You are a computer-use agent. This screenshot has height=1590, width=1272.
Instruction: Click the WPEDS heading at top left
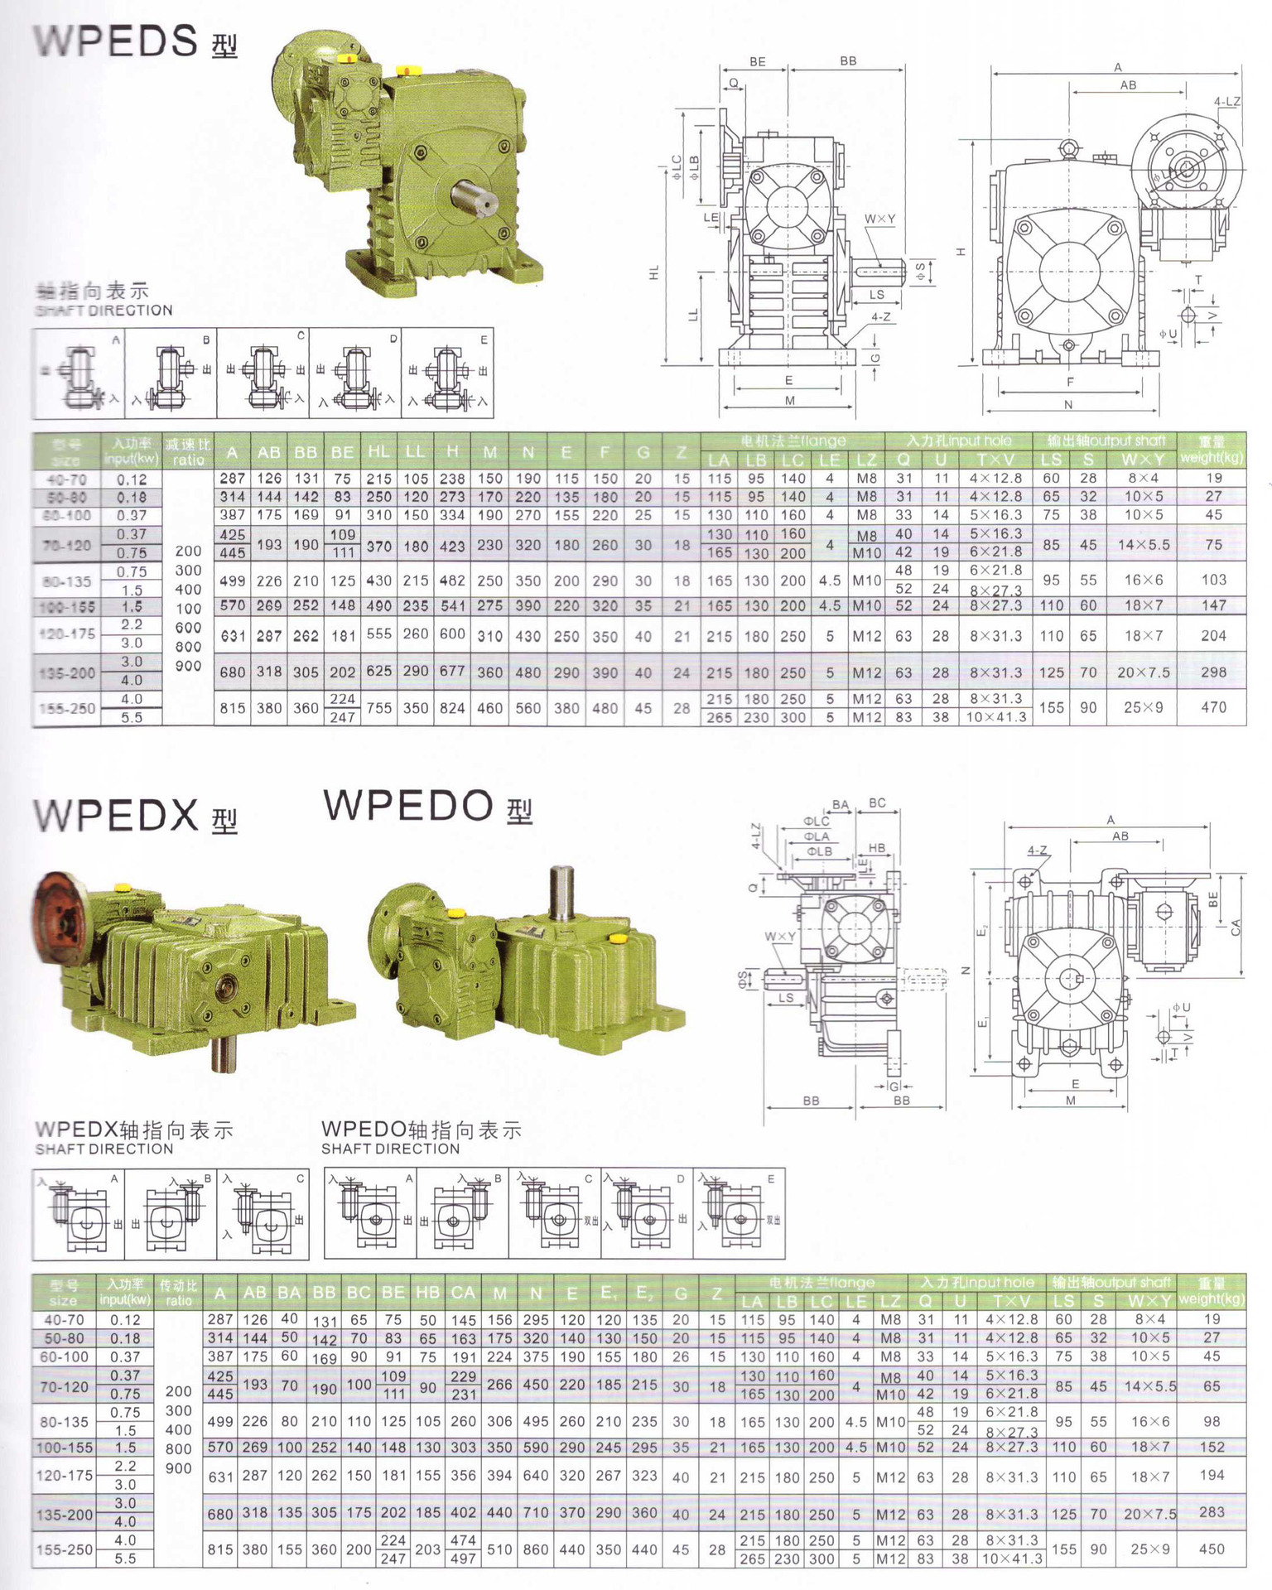[116, 41]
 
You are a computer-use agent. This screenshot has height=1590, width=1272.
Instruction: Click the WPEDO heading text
[409, 806]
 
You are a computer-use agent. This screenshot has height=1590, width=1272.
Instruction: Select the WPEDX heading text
[116, 816]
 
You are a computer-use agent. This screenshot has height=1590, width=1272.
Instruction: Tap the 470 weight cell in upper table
[1213, 707]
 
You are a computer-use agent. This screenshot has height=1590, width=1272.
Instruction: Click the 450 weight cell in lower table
[1211, 1549]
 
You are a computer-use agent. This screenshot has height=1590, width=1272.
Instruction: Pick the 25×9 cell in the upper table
[1143, 707]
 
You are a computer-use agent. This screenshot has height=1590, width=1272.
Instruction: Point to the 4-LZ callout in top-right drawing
[1226, 102]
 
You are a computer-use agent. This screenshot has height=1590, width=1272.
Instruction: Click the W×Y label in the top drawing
[879, 219]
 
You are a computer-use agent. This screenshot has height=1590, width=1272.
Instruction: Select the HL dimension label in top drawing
[653, 272]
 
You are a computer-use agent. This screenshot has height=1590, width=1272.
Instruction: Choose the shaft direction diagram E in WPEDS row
[447, 374]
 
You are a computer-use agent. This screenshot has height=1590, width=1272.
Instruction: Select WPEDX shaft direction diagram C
[263, 1214]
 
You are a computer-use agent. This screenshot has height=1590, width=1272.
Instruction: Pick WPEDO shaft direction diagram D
[647, 1214]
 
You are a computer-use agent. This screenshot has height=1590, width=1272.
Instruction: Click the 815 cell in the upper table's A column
[232, 708]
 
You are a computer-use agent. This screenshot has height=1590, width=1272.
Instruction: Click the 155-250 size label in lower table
[65, 1549]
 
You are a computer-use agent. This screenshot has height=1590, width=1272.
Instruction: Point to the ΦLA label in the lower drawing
[816, 836]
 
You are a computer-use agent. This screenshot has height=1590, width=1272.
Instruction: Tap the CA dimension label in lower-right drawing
[1236, 927]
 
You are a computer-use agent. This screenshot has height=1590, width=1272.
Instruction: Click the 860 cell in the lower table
[535, 1549]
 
